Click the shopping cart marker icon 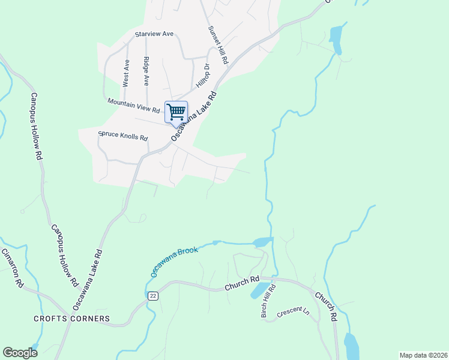[176, 112]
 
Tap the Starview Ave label [154, 34]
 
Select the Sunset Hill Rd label [218, 45]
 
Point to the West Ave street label [126, 73]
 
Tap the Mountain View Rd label [134, 106]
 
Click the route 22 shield [153, 296]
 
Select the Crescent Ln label [293, 313]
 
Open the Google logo [20, 353]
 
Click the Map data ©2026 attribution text [423, 355]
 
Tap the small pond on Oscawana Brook [262, 242]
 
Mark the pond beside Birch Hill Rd [258, 291]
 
